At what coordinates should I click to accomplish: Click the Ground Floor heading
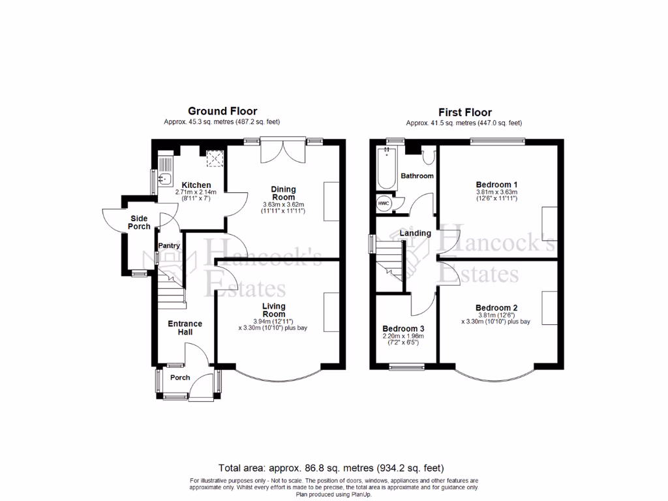click(222, 112)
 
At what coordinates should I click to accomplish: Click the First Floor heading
click(464, 112)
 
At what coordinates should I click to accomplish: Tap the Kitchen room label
click(196, 185)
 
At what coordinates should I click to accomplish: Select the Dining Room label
click(283, 193)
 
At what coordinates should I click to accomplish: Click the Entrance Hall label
click(185, 327)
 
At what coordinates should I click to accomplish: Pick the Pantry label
click(169, 246)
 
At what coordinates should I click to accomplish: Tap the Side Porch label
click(140, 222)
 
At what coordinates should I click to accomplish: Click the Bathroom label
click(417, 176)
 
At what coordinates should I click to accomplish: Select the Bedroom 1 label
click(496, 184)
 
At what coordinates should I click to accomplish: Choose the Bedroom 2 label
click(496, 308)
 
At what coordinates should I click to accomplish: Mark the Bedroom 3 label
click(403, 328)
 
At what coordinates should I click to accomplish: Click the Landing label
click(415, 233)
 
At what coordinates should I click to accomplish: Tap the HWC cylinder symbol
click(384, 203)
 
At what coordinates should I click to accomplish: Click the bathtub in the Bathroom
click(387, 168)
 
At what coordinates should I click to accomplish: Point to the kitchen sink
click(165, 176)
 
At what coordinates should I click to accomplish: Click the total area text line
click(331, 468)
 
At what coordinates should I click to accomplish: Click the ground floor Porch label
click(180, 378)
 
